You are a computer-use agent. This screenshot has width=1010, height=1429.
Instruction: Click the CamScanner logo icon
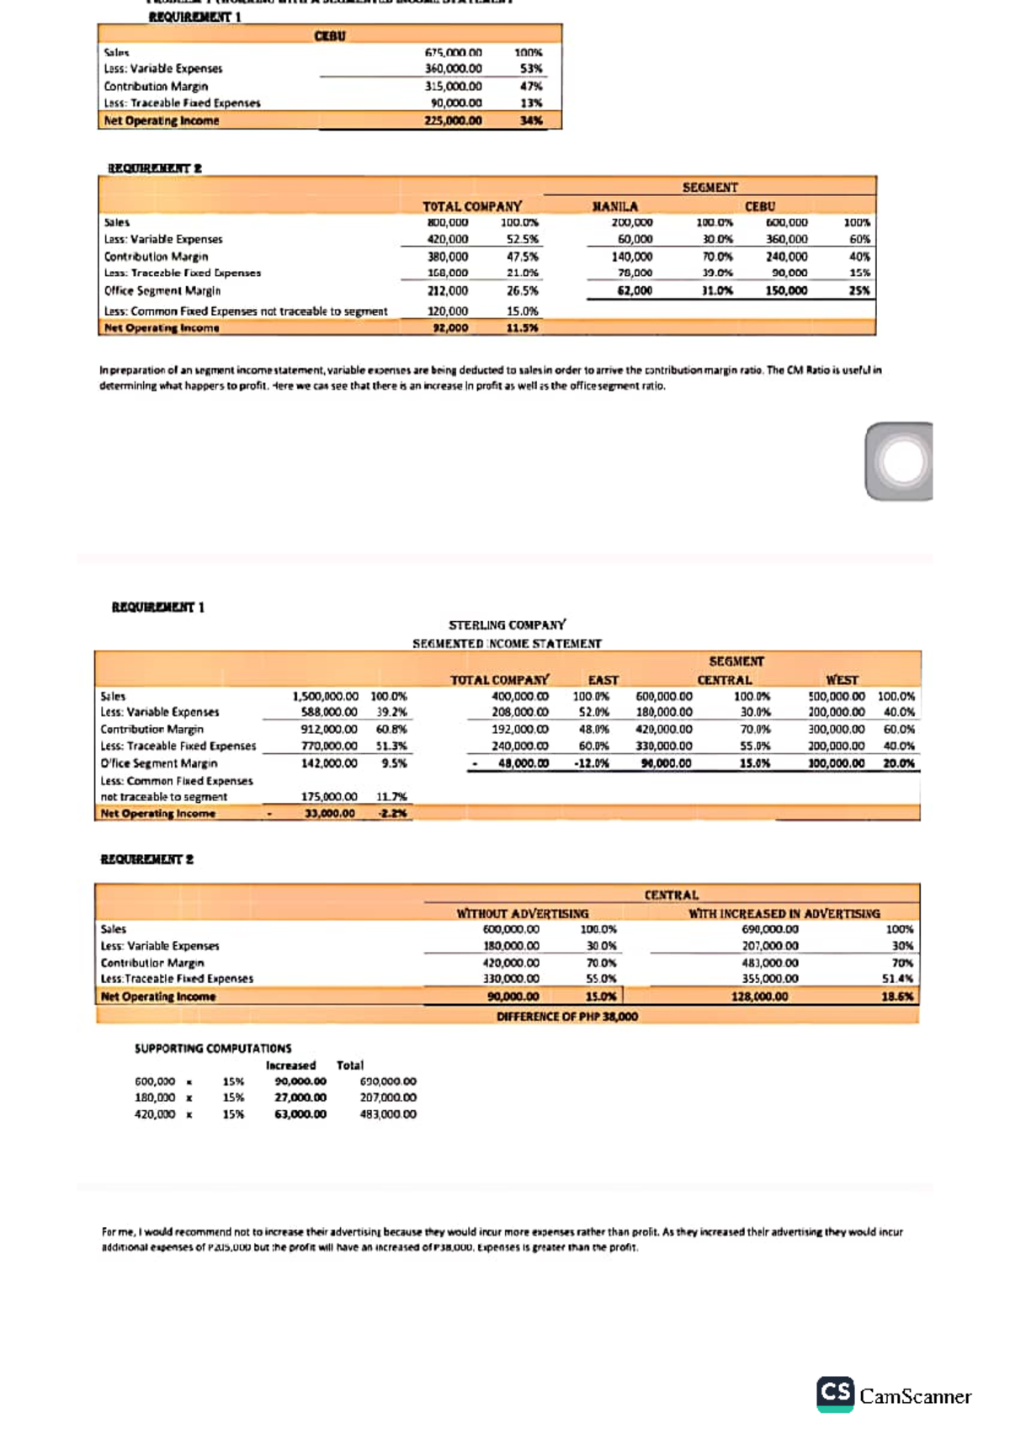tap(835, 1394)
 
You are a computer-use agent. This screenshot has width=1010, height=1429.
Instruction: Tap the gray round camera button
tap(901, 462)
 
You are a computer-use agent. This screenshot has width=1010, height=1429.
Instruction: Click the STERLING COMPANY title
tap(507, 625)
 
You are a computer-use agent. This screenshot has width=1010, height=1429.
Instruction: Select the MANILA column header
tap(615, 206)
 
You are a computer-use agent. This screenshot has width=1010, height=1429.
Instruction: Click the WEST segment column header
tap(842, 680)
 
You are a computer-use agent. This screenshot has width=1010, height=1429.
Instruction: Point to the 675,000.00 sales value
tap(454, 52)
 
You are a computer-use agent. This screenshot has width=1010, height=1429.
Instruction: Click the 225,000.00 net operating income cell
tap(454, 120)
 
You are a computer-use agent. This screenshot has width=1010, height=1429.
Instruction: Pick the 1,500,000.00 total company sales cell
tap(325, 697)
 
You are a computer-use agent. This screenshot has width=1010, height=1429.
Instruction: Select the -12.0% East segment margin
tap(591, 763)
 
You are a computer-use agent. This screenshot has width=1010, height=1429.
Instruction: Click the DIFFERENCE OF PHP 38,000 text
tap(566, 1017)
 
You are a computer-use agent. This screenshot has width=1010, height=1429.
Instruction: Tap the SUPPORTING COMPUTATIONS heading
tap(213, 1049)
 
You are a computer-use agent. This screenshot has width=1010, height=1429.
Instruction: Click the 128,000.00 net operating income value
tap(759, 996)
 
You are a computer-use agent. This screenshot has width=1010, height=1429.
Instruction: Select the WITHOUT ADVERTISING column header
tap(522, 914)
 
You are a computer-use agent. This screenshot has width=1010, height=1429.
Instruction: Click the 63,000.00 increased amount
tap(300, 1114)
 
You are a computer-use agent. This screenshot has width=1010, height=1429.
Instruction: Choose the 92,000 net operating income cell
tap(450, 328)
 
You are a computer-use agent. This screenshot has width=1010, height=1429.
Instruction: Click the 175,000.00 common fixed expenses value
tap(329, 797)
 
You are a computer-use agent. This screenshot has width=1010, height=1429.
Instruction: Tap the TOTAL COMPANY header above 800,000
tap(471, 206)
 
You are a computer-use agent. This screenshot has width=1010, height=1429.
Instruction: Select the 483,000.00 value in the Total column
tap(388, 1114)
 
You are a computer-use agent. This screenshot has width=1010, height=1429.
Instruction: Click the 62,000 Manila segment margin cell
tap(635, 290)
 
